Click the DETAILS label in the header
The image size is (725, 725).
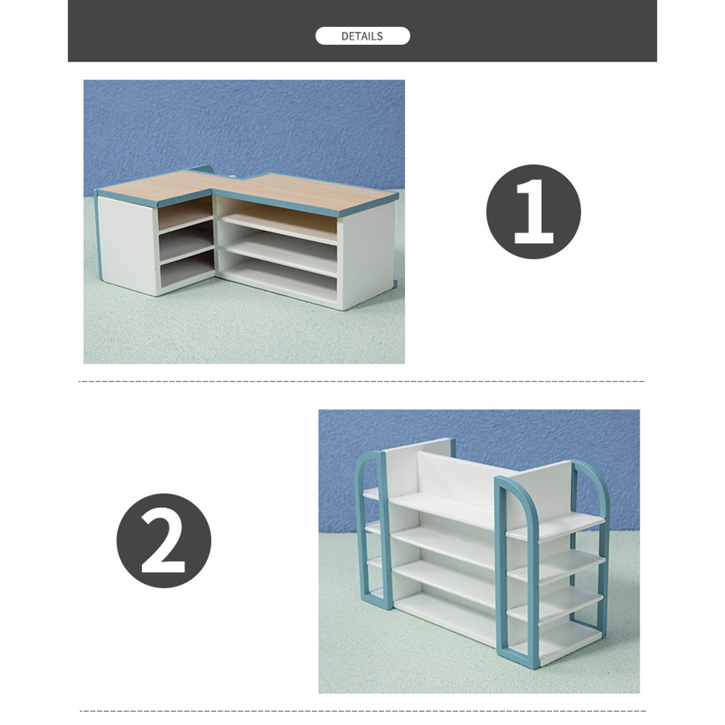(x=362, y=36)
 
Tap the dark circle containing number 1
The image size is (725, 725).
(x=533, y=211)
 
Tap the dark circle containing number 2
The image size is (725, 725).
(x=164, y=540)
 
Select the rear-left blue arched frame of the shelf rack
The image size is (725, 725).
(x=370, y=527)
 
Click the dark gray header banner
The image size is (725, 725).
(x=362, y=30)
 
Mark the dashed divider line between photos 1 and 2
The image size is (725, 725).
(x=362, y=381)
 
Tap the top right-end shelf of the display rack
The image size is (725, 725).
(x=555, y=526)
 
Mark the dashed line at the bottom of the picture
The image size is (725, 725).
(x=362, y=711)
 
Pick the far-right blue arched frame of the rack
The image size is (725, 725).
(x=596, y=509)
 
